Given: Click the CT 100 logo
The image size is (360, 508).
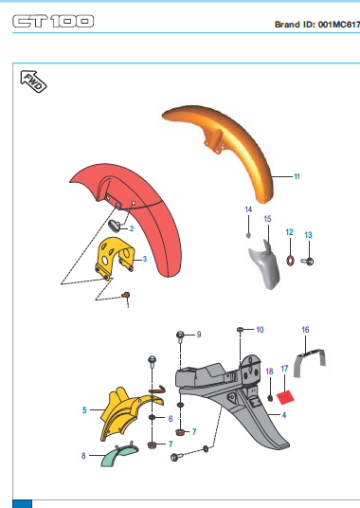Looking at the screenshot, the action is pos(53,22).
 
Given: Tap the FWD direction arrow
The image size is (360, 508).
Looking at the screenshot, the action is pos(33,82).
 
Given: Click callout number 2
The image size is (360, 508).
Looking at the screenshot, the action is pos(132,228).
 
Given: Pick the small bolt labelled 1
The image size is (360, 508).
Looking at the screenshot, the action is pos(126,295).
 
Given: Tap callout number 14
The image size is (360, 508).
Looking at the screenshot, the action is pos(248,209).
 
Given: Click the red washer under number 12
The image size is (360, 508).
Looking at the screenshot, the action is pos(291,261).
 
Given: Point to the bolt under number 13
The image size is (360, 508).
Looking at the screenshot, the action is pos(307,261).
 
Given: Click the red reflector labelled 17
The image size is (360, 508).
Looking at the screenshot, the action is pos(285,397).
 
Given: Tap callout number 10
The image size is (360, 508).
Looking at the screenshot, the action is pos(260,330).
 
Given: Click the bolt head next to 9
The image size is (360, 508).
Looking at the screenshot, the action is pos(180,335).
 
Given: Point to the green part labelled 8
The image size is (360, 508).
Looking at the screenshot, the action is pos(119,454).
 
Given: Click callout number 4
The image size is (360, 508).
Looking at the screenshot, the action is pos(284,415).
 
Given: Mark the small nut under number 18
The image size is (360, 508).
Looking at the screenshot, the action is pos(270,398).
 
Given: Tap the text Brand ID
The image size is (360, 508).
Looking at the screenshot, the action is pos(293,25).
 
